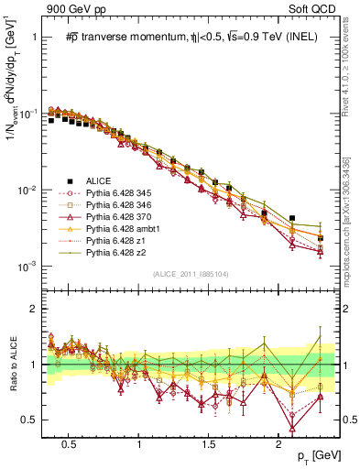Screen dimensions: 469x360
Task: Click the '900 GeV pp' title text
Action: click(65, 8)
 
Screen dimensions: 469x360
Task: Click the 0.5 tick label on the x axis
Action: click(68, 444)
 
